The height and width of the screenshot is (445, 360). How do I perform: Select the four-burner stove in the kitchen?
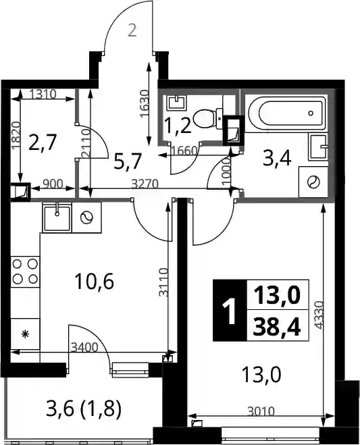(25, 271)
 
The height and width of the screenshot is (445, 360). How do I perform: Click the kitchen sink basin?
(57, 217)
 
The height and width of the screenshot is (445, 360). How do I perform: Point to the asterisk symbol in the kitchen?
(26, 334)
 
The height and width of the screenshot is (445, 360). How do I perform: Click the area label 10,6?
(95, 282)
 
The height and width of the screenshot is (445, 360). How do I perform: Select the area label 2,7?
(43, 142)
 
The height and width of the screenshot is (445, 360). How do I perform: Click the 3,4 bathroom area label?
(277, 159)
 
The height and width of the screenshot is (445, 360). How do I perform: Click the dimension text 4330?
(319, 315)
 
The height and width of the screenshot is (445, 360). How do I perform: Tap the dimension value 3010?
(261, 411)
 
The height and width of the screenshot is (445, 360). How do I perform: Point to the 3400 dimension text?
(84, 347)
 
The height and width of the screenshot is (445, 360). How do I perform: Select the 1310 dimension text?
(43, 94)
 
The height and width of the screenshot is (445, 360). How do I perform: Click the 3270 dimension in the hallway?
(145, 184)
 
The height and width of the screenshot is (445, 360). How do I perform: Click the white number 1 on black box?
(230, 311)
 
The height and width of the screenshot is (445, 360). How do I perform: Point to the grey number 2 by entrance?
(132, 30)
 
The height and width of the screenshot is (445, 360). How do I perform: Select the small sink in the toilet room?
(177, 103)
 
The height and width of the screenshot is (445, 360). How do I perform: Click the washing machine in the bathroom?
(313, 182)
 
